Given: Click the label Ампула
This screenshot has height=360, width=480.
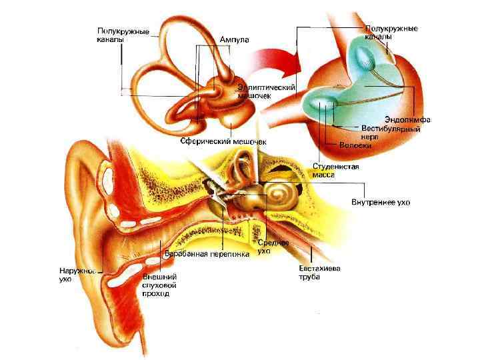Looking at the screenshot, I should coord(235,40).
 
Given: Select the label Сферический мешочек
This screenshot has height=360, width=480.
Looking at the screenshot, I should coord(223,141).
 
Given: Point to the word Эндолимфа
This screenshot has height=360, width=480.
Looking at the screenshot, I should coord(407,120).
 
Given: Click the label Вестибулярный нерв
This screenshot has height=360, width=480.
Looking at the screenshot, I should coord(390,131).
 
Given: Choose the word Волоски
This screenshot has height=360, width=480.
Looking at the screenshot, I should coord(355,145).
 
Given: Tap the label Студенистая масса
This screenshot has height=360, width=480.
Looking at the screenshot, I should coord(336,170).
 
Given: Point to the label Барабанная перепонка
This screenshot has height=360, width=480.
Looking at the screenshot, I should coord(207,254).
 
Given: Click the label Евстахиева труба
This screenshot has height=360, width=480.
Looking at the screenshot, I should coord(319,273).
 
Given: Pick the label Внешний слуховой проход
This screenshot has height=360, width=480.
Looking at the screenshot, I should coord(159,285).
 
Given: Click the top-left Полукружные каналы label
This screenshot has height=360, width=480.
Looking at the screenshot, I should coord(123,35).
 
